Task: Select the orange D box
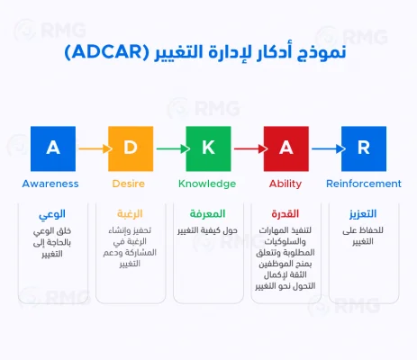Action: pos(128,148)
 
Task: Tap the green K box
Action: pos(207,148)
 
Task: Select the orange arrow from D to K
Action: pos(168,148)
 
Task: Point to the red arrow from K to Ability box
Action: pos(246,148)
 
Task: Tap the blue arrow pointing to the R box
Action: pos(325,148)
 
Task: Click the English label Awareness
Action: pos(50,184)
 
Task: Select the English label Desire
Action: pos(128,184)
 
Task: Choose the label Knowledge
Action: pos(207,184)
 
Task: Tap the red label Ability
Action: pos(286,184)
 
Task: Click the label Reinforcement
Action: pos(365,184)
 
